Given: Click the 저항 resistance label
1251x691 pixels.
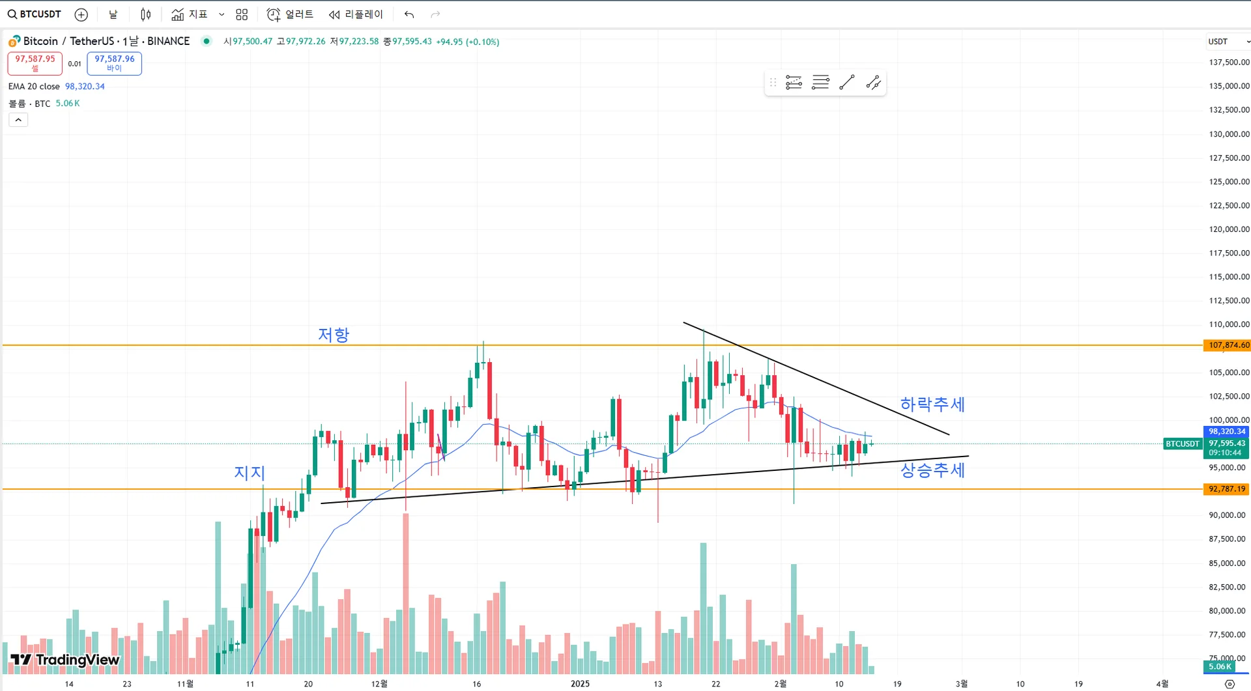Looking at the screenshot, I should pyautogui.click(x=333, y=335).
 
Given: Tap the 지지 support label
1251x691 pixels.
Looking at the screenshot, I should pyautogui.click(x=250, y=473).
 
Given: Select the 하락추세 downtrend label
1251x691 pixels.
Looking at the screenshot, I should pyautogui.click(x=932, y=404).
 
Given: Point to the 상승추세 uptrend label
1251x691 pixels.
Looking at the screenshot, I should pyautogui.click(x=932, y=470).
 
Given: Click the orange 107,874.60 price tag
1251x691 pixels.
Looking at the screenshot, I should pyautogui.click(x=1226, y=345).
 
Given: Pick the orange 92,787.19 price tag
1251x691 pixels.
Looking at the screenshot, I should pyautogui.click(x=1226, y=489).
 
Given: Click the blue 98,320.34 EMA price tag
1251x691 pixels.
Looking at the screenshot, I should pyautogui.click(x=1226, y=432).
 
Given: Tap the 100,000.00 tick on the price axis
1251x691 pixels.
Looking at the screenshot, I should pyautogui.click(x=1229, y=420).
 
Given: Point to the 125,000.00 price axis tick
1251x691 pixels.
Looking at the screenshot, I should pyautogui.click(x=1229, y=182).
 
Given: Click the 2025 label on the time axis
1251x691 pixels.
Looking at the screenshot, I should pyautogui.click(x=580, y=684).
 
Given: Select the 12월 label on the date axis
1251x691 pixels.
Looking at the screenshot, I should pyautogui.click(x=379, y=684).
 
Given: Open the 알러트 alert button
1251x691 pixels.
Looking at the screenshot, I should pyautogui.click(x=291, y=14).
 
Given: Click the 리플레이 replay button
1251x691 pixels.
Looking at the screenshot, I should pyautogui.click(x=356, y=14).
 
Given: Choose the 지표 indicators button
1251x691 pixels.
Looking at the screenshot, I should pyautogui.click(x=190, y=14).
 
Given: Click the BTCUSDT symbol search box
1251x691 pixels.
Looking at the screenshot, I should pyautogui.click(x=35, y=14).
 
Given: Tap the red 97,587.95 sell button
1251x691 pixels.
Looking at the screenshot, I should pyautogui.click(x=35, y=63).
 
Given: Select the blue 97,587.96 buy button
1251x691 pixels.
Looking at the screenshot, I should pyautogui.click(x=114, y=63).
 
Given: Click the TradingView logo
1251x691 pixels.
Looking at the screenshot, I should pyautogui.click(x=65, y=660).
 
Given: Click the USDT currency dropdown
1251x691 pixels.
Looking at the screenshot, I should pyautogui.click(x=1228, y=42).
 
